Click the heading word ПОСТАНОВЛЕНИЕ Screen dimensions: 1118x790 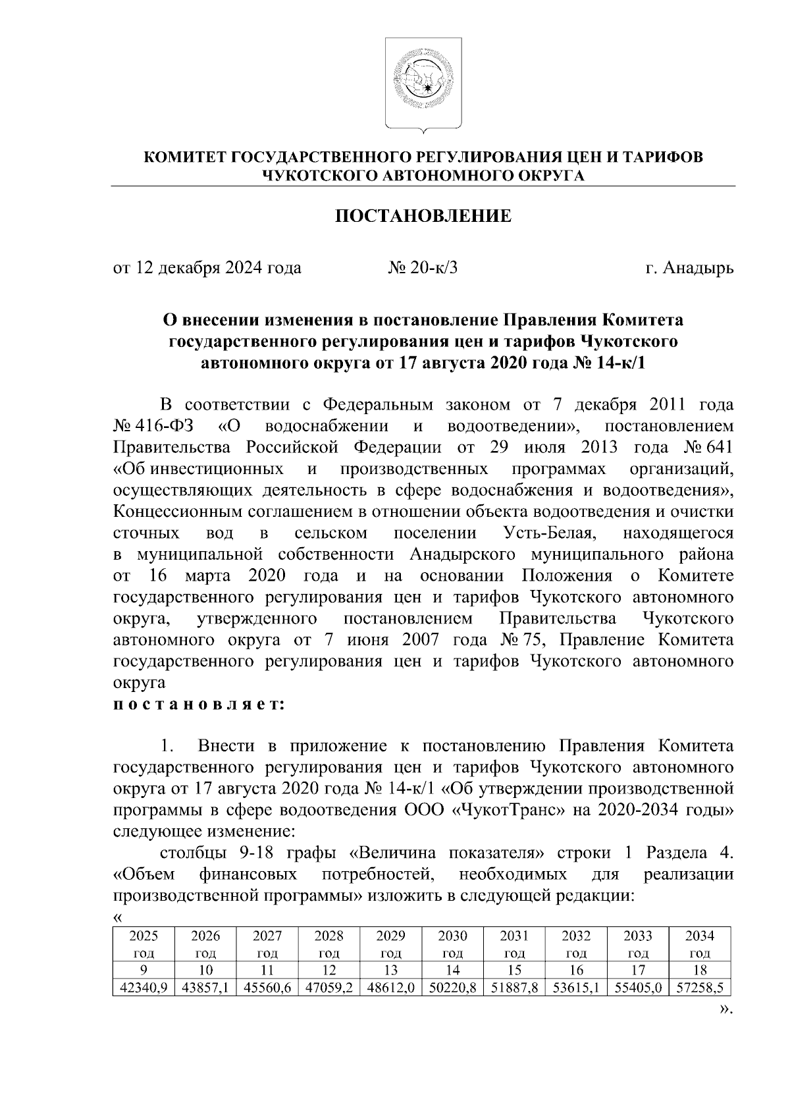(x=423, y=217)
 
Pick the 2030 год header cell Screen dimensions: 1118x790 (x=452, y=944)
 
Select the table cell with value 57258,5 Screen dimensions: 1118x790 (x=698, y=990)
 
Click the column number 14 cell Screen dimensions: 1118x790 (x=452, y=970)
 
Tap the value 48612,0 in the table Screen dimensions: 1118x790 (x=391, y=990)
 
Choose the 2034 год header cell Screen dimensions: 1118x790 (x=698, y=944)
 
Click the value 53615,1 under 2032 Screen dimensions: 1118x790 (x=576, y=990)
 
